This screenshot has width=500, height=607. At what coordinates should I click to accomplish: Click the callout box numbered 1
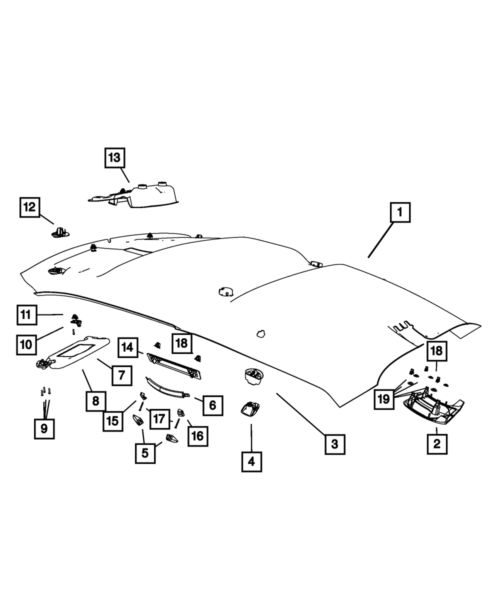coord(400,212)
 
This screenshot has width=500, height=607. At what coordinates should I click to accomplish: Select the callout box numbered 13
coord(115,157)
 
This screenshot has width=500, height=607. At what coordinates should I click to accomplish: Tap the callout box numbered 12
coord(30,207)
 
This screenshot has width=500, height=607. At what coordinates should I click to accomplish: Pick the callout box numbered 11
coord(27,315)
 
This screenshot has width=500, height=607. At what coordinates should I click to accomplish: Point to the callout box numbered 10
coord(26,345)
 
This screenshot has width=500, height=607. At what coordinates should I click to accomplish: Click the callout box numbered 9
coord(44,429)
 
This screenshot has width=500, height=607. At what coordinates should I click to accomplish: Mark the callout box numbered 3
coord(335,444)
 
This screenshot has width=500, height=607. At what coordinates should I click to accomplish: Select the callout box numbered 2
coord(437,444)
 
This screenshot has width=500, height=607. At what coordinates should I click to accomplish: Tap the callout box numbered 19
coord(384,399)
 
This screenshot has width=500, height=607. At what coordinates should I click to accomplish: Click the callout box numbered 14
coord(128,347)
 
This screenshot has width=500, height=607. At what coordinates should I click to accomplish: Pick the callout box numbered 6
coord(213,405)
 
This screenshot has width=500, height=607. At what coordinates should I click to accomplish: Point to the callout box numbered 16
coord(198,436)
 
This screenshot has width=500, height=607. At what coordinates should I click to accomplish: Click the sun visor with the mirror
coord(73,353)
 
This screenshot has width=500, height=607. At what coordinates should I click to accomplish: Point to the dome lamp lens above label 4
coord(250,410)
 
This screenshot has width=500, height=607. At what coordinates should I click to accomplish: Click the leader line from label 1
coord(381,240)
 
